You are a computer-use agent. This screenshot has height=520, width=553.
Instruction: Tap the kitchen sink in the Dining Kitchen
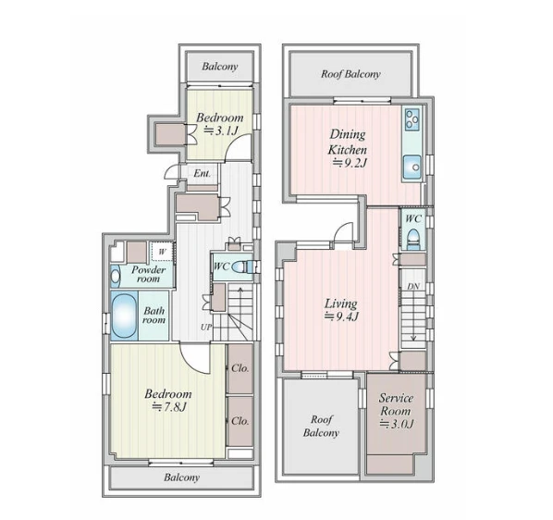click(x=412, y=167)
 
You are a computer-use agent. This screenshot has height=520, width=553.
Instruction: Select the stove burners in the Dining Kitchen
click(x=412, y=119)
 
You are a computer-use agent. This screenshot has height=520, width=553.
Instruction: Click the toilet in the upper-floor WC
click(x=413, y=240)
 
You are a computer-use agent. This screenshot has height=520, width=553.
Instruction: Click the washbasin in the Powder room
click(x=116, y=277)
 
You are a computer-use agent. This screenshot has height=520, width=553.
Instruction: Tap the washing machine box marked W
click(x=162, y=252)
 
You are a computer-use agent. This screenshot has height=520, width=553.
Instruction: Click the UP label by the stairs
click(x=206, y=327)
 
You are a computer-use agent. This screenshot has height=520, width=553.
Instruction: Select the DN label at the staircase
click(x=413, y=286)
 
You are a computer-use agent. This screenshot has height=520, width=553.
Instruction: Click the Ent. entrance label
click(x=203, y=173)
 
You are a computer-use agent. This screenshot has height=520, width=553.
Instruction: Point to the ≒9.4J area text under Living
click(x=341, y=316)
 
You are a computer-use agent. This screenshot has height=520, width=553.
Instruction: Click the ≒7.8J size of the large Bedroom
click(x=169, y=407)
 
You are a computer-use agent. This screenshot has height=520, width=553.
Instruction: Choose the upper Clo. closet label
click(x=240, y=368)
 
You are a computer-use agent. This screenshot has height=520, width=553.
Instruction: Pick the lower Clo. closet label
click(x=240, y=421)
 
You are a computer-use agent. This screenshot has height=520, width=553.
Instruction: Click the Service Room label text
click(x=396, y=404)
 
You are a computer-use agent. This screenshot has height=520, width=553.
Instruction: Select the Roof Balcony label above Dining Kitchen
click(x=350, y=74)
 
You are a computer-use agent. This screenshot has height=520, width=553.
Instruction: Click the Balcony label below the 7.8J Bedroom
click(x=181, y=477)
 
